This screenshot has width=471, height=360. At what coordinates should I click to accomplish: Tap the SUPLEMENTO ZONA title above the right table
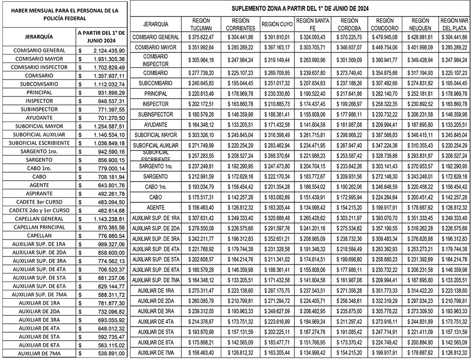tap(300, 8)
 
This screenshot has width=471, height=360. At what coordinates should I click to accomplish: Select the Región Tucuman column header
tap(201, 24)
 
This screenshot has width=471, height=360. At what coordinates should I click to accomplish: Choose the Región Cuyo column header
tap(277, 24)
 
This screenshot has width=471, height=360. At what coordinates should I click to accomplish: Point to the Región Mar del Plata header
tap(455, 24)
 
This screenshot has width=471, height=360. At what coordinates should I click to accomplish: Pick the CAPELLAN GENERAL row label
tap(39, 219)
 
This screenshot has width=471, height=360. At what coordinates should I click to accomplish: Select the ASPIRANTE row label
tap(39, 194)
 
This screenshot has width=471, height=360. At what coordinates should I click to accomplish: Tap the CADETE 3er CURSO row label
tap(39, 202)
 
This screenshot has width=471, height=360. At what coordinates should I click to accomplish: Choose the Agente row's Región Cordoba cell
tap(349, 208)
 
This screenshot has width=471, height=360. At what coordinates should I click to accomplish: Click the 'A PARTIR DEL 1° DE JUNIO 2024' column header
tap(102, 37)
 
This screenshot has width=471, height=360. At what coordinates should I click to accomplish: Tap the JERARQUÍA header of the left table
tap(39, 37)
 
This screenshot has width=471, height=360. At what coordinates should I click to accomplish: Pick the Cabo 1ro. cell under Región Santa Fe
tap(313, 187)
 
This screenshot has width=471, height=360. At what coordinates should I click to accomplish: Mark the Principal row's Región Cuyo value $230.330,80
tap(277, 94)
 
